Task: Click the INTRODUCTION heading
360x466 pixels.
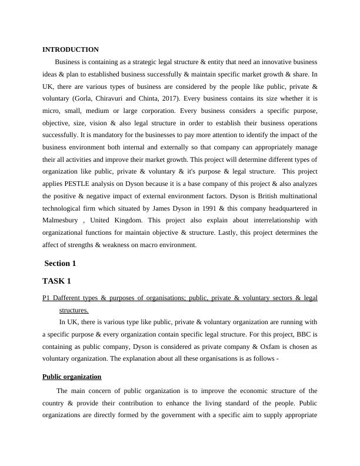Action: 71,50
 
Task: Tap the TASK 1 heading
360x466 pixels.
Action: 58,281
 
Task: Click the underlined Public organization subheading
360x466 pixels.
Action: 72,377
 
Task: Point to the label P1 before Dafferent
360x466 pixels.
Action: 46,298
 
